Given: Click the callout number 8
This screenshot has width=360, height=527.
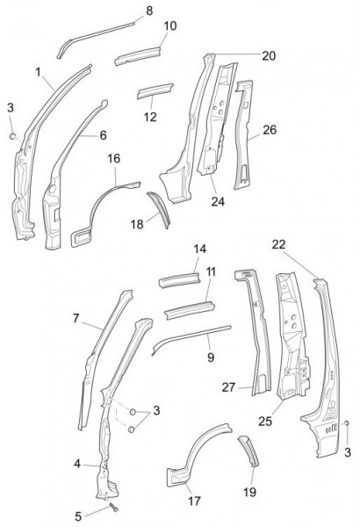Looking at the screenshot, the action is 149,11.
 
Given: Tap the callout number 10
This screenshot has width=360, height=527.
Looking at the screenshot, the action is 170,25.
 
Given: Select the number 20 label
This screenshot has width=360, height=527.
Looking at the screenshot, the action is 269,56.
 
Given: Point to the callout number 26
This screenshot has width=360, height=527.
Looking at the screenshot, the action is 270,130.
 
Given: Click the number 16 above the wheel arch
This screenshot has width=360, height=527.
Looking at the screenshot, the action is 114,158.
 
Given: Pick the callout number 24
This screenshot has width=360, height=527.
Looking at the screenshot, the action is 218,201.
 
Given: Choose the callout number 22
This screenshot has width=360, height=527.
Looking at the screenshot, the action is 278,245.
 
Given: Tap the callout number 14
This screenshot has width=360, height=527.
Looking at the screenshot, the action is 199,249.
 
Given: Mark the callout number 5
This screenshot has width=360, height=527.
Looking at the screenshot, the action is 78,516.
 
